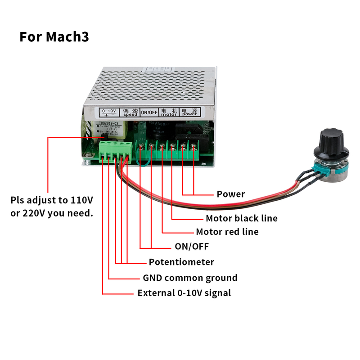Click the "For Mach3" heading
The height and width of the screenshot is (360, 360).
click(54, 36)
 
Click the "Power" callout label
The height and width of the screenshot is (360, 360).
click(230, 194)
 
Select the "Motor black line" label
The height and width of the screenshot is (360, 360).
click(241, 218)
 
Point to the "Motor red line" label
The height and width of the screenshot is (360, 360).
click(227, 232)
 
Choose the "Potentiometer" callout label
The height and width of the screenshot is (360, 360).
click(181, 262)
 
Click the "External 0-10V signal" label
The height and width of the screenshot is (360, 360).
click(184, 293)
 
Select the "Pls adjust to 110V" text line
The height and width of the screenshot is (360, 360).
click(52, 199)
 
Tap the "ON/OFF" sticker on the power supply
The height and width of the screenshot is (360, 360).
click(149, 112)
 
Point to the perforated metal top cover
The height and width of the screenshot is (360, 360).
click(153, 85)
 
